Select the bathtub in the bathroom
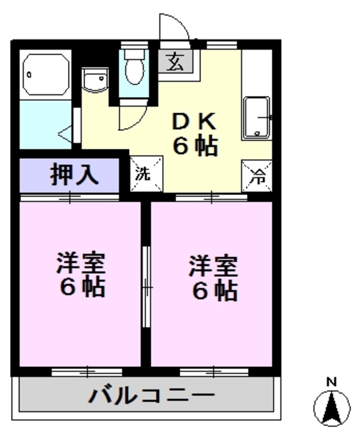(46, 75)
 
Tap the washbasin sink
(94, 80)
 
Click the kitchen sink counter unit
(256, 117)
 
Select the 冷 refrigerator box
(257, 175)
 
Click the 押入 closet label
(75, 175)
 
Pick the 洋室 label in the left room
(81, 263)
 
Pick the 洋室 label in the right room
(213, 264)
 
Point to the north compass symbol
(331, 408)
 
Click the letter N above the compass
(331, 382)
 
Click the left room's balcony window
(87, 371)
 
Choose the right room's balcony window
(213, 371)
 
